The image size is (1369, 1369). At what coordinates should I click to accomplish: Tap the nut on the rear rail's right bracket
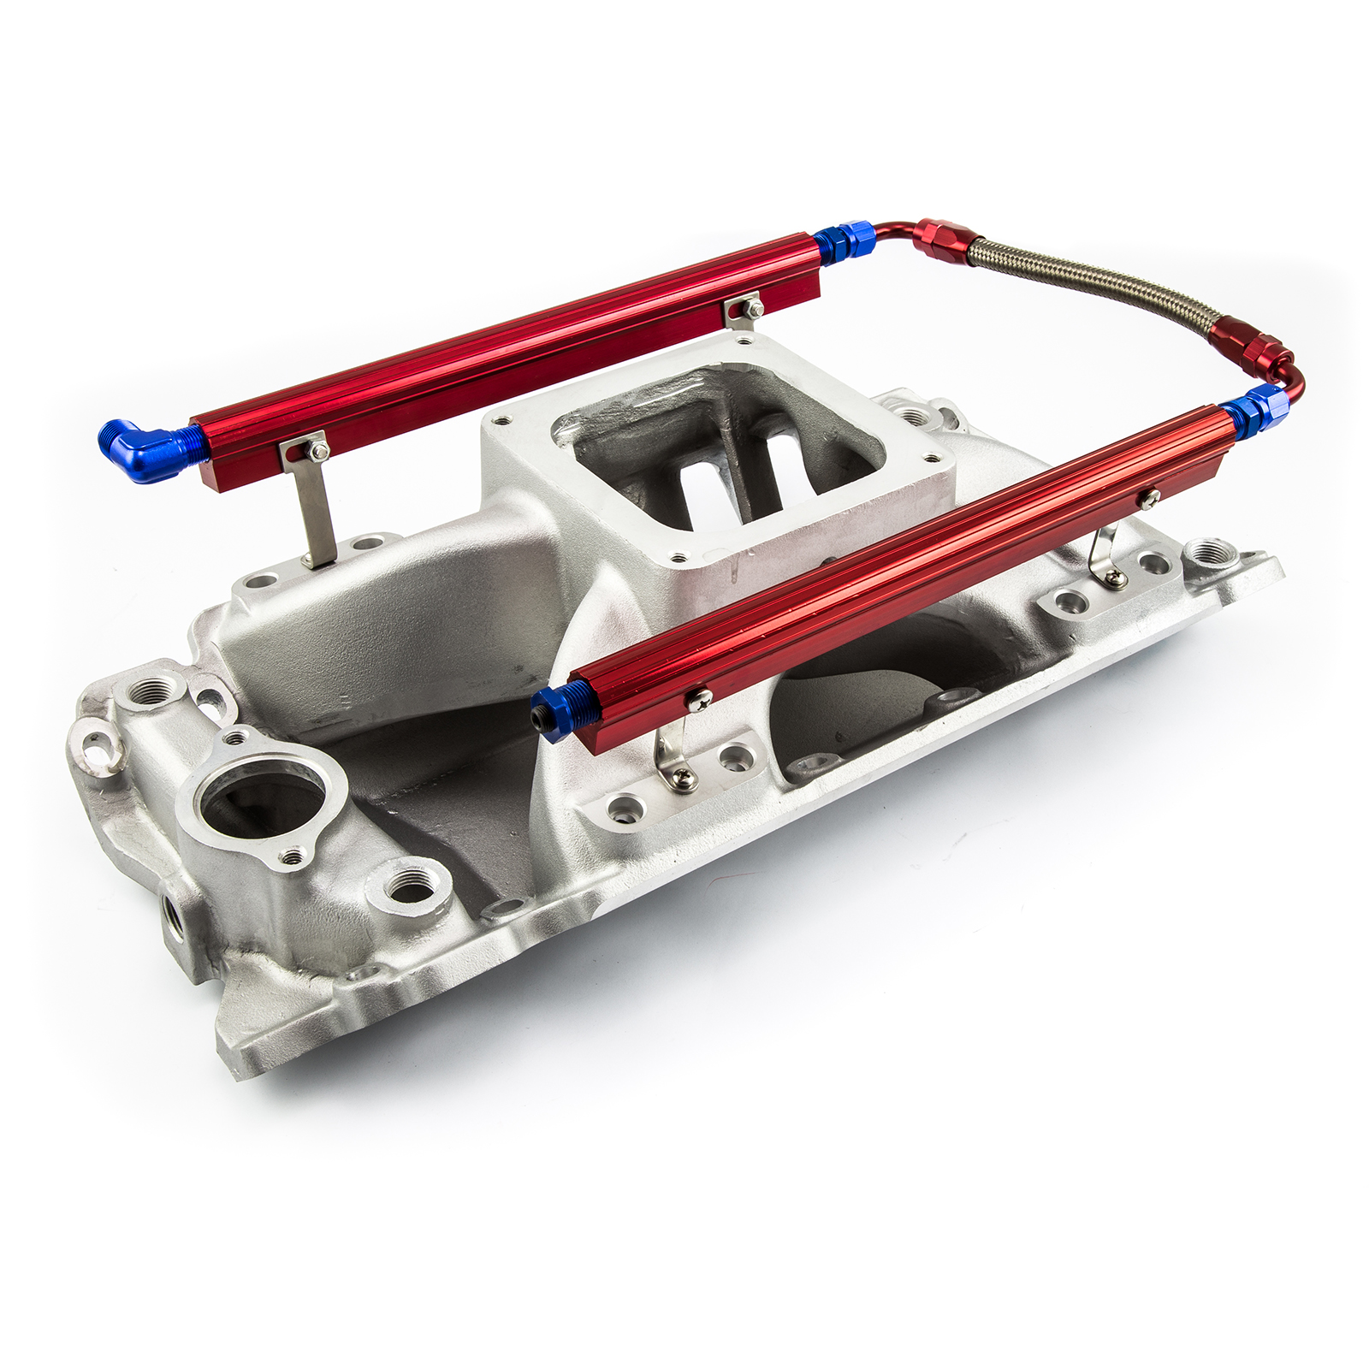coord(753,307)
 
